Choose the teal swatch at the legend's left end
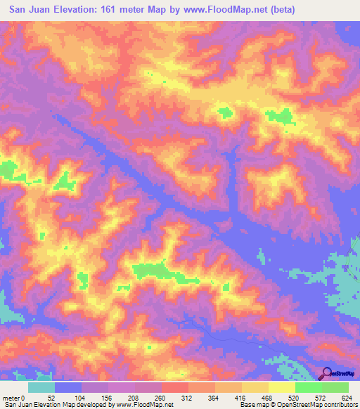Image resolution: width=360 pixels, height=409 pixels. coord(41,387)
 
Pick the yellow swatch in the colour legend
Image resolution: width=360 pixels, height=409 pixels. coord(281,387)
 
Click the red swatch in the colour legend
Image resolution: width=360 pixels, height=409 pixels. coord(174,387)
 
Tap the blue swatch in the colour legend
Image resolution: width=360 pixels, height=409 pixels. coord(68,387)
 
